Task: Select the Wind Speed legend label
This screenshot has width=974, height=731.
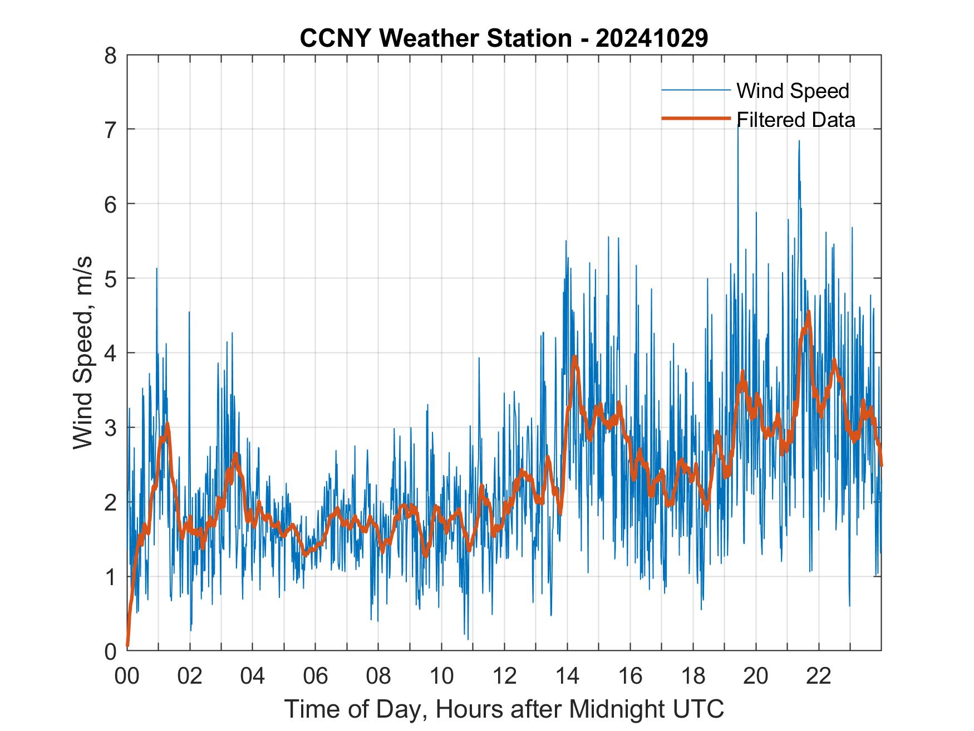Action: coord(793,91)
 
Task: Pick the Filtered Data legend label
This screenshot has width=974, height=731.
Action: coord(795,120)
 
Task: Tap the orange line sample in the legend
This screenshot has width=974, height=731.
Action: coord(696,119)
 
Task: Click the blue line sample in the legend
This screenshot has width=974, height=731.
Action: coord(696,90)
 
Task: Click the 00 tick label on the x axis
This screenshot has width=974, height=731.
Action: coord(127,676)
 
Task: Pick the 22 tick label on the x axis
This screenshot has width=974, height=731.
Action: coord(819,676)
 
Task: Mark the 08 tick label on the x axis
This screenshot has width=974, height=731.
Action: coord(378,676)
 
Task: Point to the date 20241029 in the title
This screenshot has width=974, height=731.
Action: coord(652,38)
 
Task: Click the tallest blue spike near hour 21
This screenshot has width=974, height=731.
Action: coord(799,141)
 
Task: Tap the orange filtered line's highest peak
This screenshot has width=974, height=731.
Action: coord(808,312)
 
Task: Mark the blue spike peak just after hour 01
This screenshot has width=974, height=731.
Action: coord(156,268)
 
